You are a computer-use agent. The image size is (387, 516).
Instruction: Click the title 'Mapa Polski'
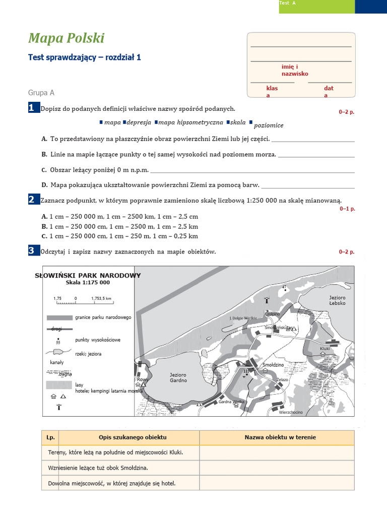tap(66, 38)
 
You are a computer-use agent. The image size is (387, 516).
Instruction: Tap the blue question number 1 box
tap(33, 107)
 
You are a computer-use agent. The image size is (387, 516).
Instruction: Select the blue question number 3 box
tap(33, 250)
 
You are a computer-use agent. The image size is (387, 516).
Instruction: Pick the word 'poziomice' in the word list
tap(269, 125)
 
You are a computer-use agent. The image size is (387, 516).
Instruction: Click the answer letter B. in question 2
tap(44, 226)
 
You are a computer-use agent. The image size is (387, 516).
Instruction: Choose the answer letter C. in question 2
tap(44, 236)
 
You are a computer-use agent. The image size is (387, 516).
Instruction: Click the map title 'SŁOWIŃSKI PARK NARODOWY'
tap(88, 276)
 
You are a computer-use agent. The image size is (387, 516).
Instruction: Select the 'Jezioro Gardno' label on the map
tap(178, 377)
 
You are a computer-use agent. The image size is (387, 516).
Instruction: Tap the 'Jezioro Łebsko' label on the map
tap(337, 301)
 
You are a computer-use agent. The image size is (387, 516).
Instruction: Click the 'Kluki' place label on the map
tap(325, 348)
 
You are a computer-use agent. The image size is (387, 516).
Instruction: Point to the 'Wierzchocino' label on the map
tap(291, 412)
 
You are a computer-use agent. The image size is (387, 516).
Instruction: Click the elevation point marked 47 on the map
tap(284, 290)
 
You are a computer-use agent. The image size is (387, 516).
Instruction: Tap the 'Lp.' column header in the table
tap(50, 437)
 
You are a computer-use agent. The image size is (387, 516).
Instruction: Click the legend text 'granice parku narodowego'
tap(103, 317)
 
